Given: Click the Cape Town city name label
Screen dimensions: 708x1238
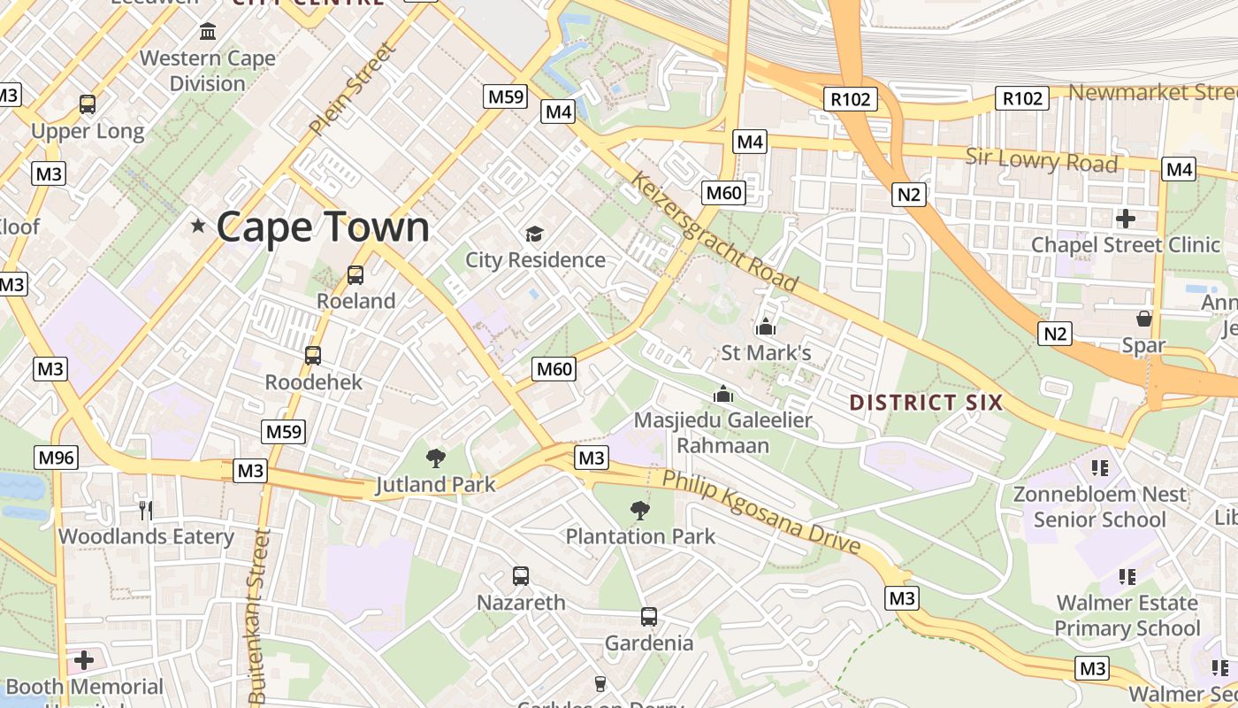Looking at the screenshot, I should [x=323, y=227].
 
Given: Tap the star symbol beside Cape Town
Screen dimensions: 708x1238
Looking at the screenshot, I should [x=198, y=227].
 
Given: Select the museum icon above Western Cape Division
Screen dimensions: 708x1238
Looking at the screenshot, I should [x=209, y=32].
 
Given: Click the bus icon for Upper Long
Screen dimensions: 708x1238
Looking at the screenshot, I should [x=88, y=104].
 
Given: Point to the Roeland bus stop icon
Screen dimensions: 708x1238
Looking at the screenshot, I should [x=355, y=274].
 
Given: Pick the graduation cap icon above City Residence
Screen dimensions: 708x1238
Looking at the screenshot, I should [x=535, y=234].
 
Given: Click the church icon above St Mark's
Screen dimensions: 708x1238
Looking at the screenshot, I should [x=766, y=327].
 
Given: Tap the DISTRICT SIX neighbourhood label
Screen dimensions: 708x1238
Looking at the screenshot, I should [x=926, y=403].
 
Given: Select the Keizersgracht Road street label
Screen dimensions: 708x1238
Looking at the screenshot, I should [x=715, y=232].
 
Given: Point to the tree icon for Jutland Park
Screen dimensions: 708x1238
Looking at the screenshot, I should [x=435, y=458].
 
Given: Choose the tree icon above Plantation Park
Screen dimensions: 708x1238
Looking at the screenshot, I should [x=639, y=510].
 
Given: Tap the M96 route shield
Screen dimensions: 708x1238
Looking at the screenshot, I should [x=56, y=458].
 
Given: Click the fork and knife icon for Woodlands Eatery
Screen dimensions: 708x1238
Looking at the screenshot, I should [x=146, y=510].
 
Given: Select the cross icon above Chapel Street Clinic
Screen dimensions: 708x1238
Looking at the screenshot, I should [x=1126, y=218].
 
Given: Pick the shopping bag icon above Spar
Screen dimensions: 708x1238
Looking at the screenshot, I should [x=1143, y=319].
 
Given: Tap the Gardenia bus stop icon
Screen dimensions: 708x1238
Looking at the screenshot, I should [x=649, y=617].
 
